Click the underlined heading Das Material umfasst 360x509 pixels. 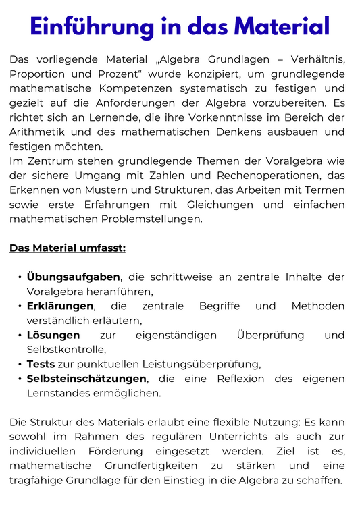point(68,248)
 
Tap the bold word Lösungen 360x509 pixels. point(53,335)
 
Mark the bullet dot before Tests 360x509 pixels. point(19,364)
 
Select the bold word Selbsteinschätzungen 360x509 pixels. point(86,378)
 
